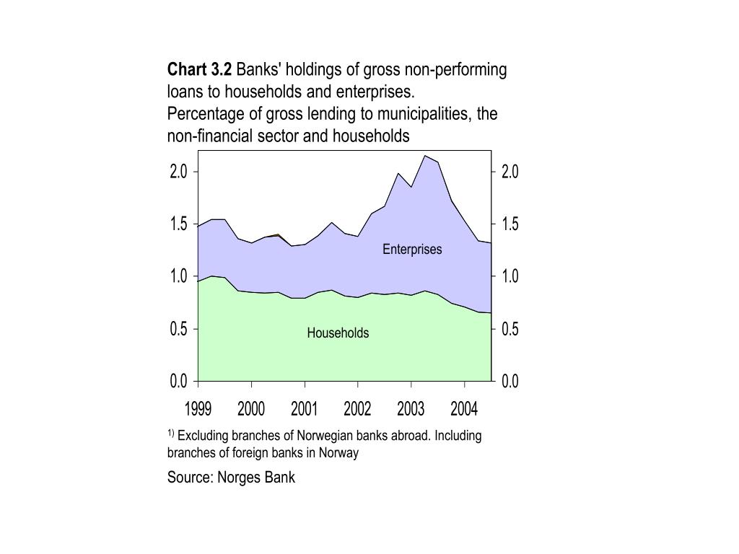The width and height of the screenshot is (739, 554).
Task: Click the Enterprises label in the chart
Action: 412,250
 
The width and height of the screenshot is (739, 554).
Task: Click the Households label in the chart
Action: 338,333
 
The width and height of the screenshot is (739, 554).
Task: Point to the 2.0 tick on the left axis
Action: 179,172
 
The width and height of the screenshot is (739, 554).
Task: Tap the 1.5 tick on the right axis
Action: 510,224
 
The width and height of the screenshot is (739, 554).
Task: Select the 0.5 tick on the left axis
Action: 179,329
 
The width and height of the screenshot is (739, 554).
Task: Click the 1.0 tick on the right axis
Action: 510,276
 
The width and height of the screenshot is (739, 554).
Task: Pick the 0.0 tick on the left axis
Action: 179,381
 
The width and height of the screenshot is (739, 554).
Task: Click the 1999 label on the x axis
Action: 198,410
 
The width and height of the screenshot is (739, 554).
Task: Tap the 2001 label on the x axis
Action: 304,410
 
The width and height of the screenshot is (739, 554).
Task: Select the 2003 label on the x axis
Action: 411,410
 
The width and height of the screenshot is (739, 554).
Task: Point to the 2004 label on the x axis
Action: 464,410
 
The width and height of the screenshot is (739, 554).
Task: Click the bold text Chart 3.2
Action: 200,70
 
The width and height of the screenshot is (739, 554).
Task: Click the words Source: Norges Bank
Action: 231,478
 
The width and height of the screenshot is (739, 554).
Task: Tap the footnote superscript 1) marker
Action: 171,434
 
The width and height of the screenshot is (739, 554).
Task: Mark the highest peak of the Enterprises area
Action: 425,156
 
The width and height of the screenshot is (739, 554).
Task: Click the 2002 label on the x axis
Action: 357,410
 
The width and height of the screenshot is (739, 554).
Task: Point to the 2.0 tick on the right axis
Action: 510,172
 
